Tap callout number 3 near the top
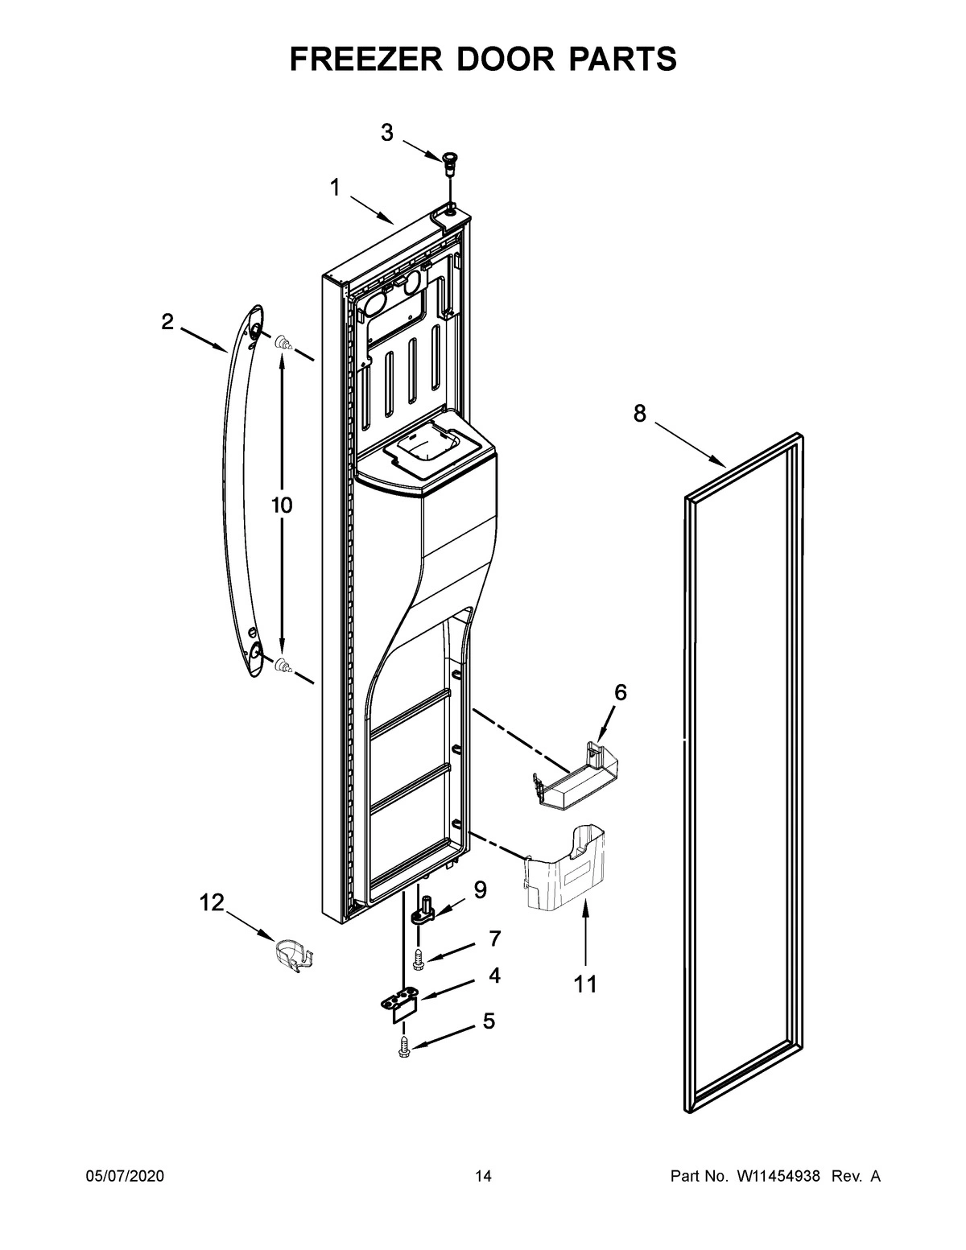pyautogui.click(x=387, y=133)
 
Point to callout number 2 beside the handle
pyautogui.click(x=167, y=322)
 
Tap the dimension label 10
pyautogui.click(x=281, y=505)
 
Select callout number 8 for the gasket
pyautogui.click(x=639, y=414)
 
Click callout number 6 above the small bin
pyautogui.click(x=620, y=692)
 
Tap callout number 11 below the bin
pyautogui.click(x=585, y=984)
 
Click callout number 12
pyautogui.click(x=212, y=903)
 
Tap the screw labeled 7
pyautogui.click(x=418, y=958)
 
